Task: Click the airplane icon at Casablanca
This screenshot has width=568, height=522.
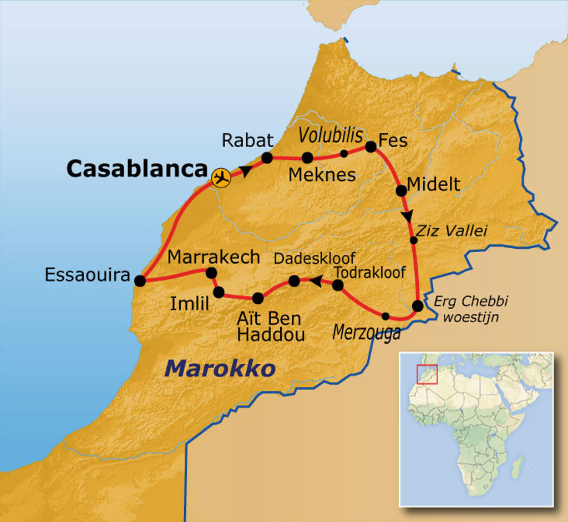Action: click(221, 178)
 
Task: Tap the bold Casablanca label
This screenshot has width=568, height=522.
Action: click(136, 169)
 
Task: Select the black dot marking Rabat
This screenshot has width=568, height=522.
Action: click(267, 158)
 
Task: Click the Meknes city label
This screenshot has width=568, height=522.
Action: click(322, 175)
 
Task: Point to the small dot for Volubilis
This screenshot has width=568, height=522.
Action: click(344, 153)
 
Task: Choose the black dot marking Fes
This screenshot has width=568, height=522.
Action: click(371, 147)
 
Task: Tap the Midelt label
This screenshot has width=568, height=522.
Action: click(433, 184)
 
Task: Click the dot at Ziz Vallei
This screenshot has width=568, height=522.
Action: click(413, 240)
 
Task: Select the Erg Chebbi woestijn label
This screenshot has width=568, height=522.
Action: click(471, 308)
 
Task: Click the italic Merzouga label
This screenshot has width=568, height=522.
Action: click(366, 332)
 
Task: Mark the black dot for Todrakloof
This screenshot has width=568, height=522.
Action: click(337, 285)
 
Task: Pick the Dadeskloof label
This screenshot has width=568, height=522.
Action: click(315, 259)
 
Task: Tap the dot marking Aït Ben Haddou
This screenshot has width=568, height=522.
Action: click(257, 298)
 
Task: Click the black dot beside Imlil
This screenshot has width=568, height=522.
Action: click(219, 292)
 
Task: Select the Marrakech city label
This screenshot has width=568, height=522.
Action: click(214, 257)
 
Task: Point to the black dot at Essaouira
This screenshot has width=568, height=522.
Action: click(140, 281)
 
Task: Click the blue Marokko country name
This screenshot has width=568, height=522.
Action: click(220, 368)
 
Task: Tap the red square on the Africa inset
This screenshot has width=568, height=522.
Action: click(427, 374)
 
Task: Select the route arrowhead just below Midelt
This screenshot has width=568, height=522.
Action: click(409, 215)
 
